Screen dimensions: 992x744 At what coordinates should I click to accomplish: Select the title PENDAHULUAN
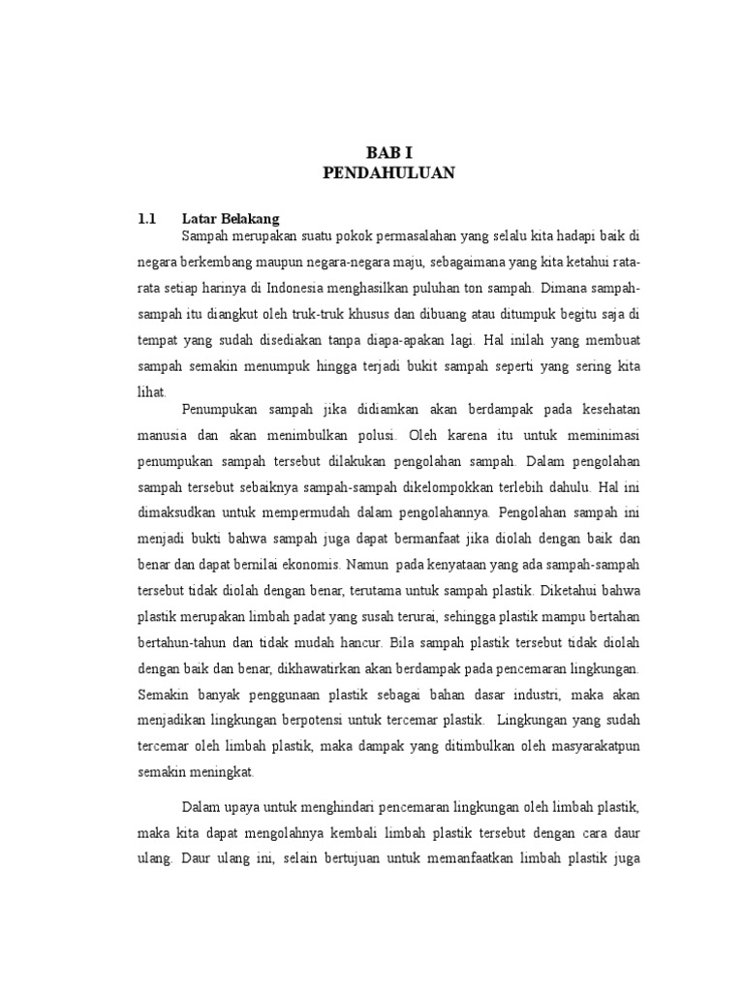[x=387, y=173]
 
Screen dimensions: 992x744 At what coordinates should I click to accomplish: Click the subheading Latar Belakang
[x=231, y=219]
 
